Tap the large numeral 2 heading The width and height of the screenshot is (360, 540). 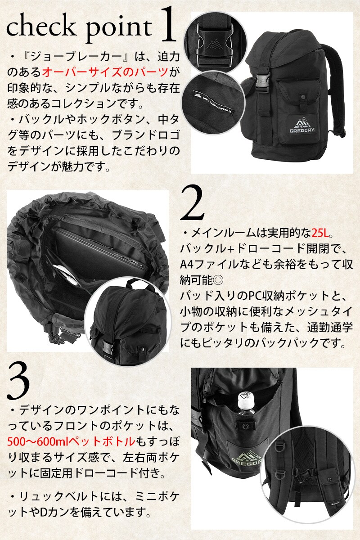click(192, 203)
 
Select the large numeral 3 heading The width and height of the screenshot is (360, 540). click(19, 382)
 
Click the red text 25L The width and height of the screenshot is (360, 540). click(320, 233)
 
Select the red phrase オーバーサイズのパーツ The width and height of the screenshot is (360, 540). click(105, 72)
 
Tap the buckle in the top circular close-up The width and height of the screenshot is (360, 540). click(213, 43)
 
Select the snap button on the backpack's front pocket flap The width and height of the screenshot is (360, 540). click(303, 98)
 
